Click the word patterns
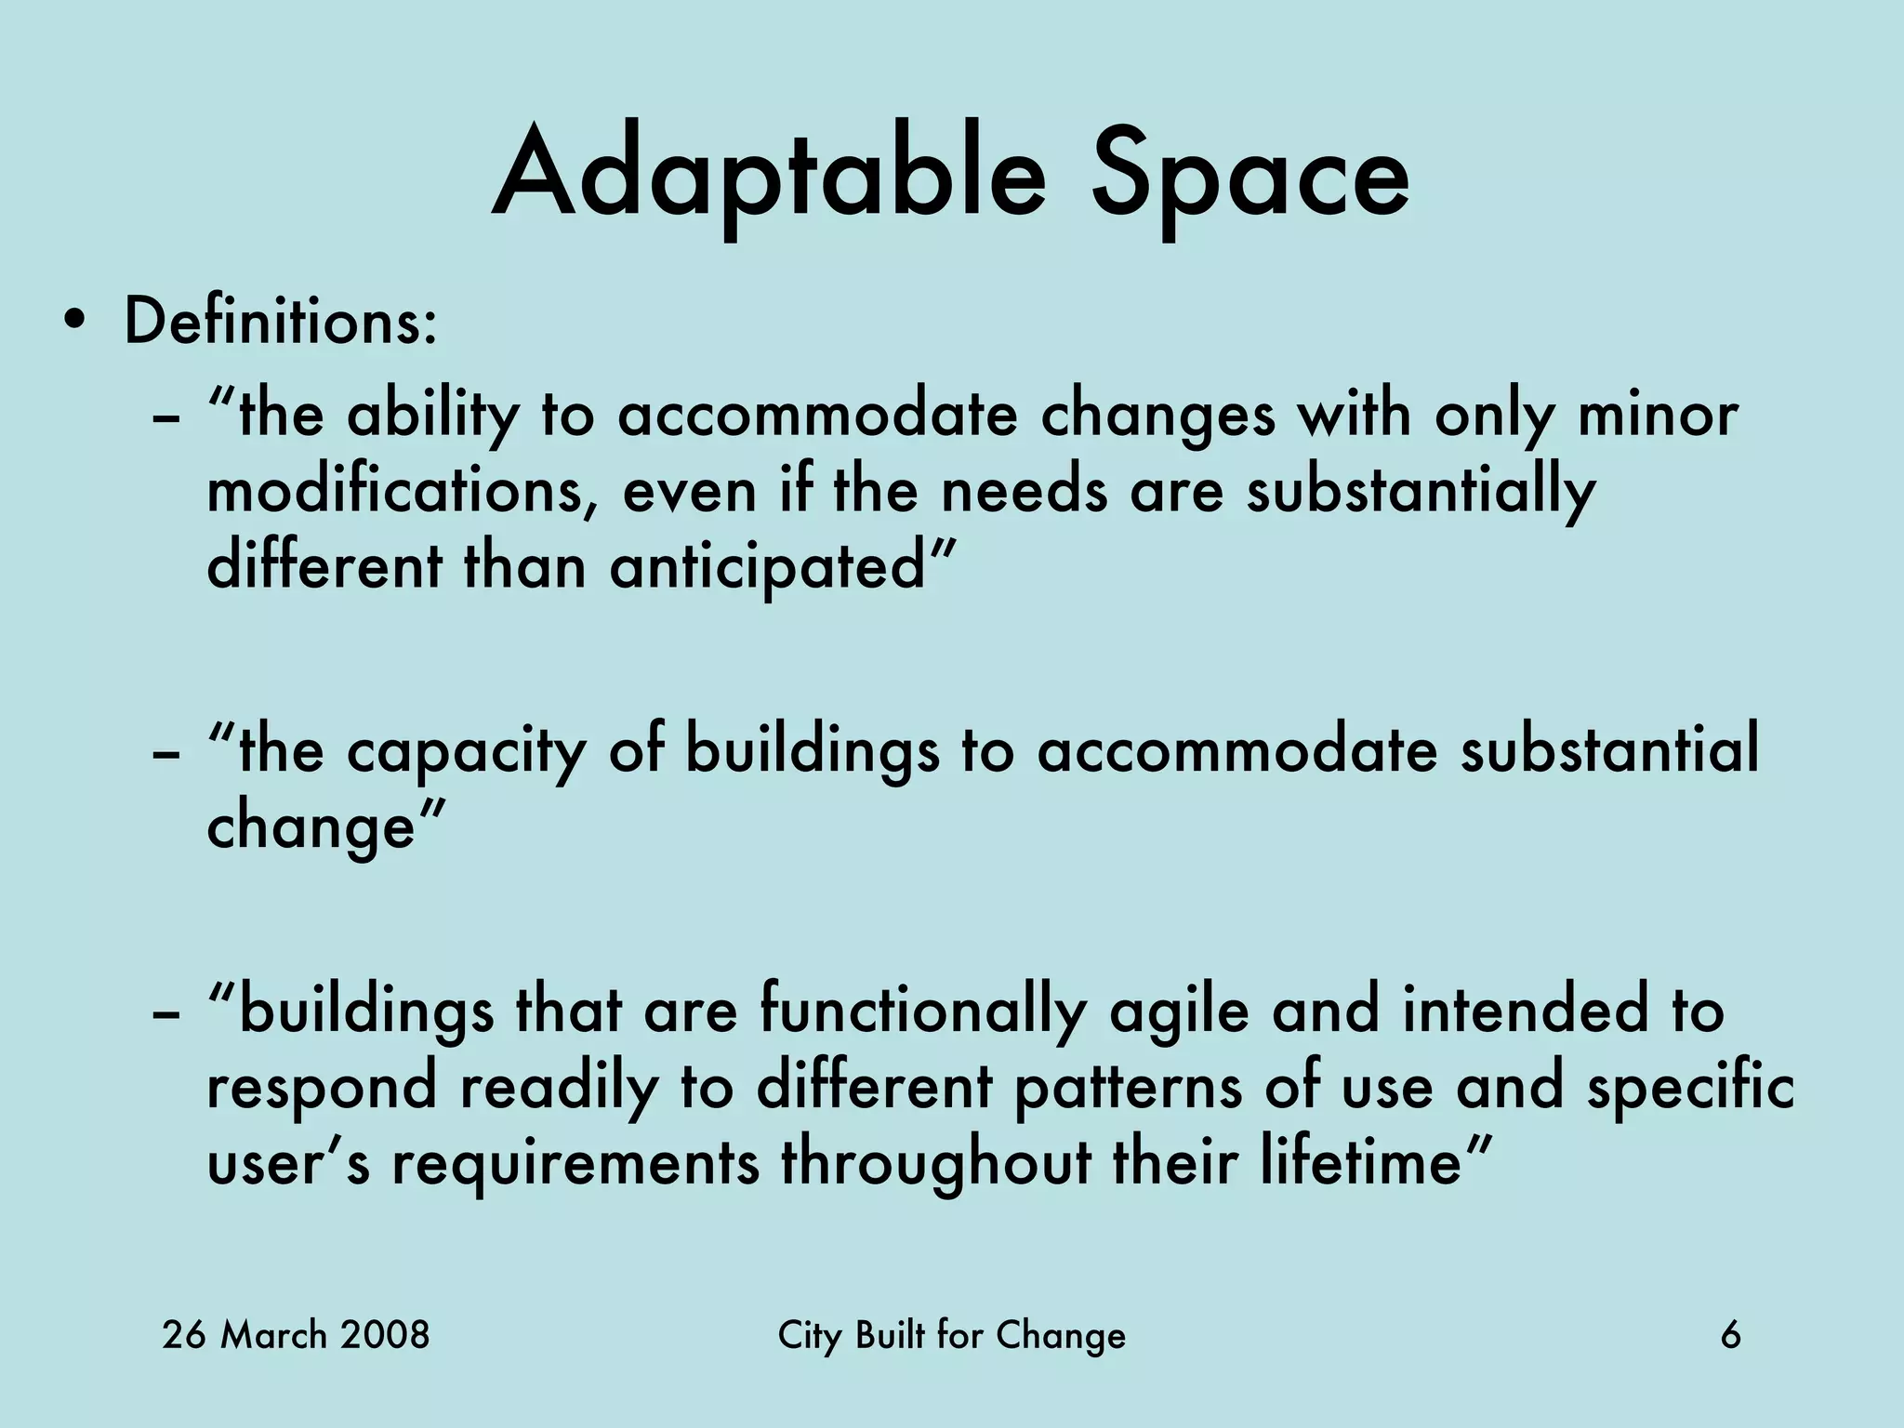tap(1127, 1087)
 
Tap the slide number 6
tap(1730, 1335)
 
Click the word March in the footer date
tap(273, 1335)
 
